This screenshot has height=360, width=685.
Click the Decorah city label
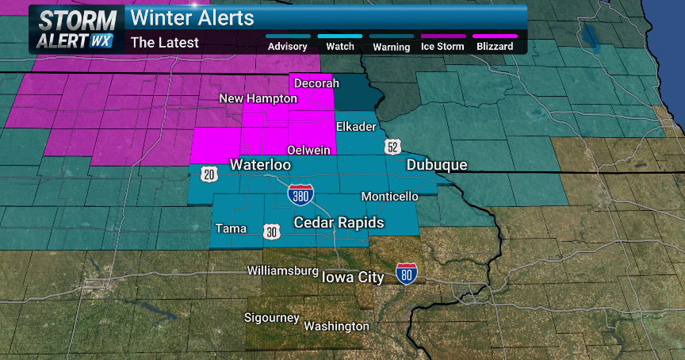316,83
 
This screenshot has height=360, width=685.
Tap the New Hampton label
258,98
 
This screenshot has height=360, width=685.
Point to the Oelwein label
308,149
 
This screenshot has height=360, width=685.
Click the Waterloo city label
260,165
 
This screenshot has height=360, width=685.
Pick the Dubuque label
437,165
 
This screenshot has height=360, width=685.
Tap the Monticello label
389,196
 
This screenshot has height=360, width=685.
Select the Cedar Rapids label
339,222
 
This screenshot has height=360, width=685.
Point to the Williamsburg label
282,270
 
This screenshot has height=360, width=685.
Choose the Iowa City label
353,277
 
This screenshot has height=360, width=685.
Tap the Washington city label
336,326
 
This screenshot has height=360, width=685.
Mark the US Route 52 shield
393,147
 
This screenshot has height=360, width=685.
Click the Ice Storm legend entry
443,46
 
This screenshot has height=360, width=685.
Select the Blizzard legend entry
495,46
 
